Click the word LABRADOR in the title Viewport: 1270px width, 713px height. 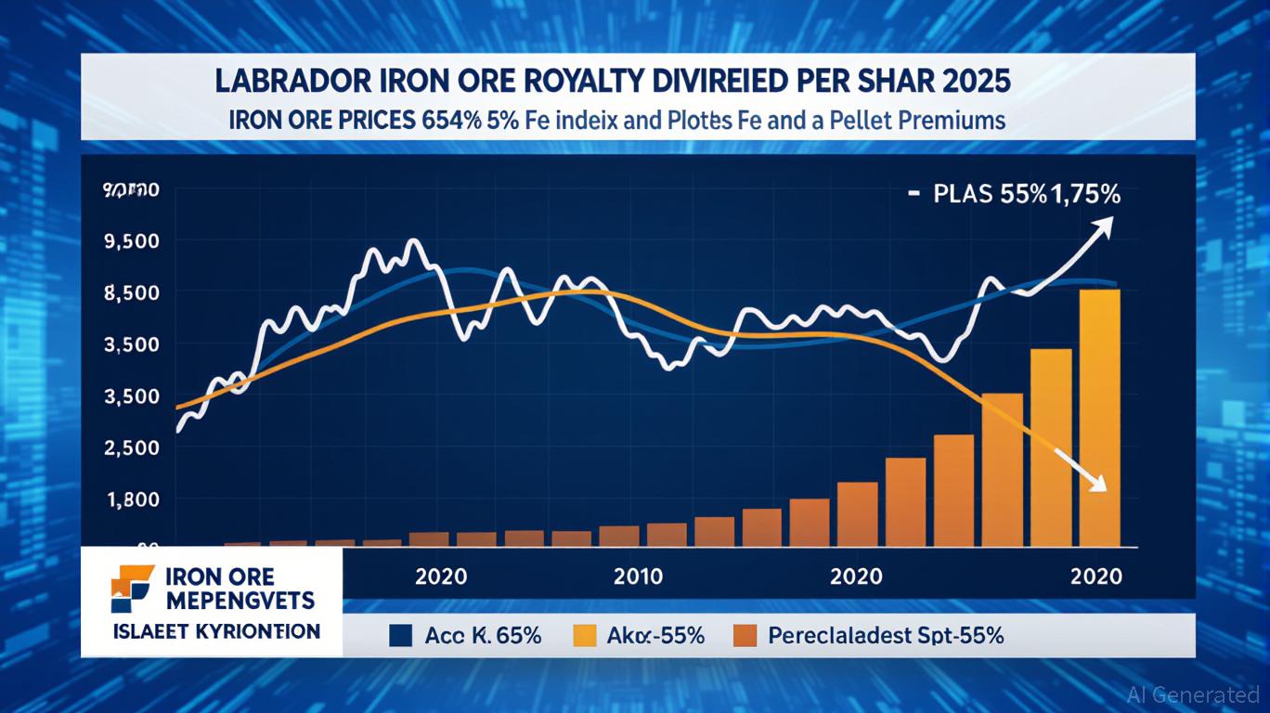click(284, 81)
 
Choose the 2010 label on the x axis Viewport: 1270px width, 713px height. click(639, 577)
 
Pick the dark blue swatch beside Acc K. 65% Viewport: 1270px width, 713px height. click(400, 636)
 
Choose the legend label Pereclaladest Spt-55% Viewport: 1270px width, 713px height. click(887, 636)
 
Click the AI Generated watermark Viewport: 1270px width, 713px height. click(1193, 694)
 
